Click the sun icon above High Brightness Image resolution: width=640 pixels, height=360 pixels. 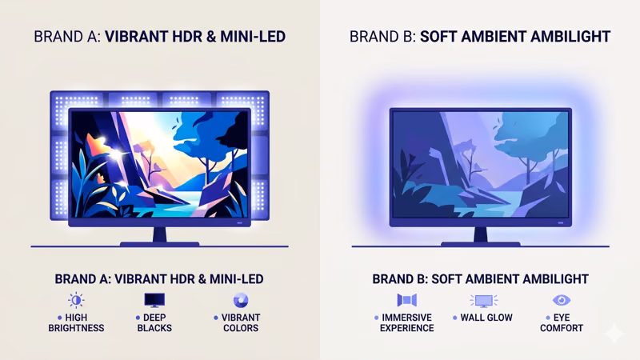tap(76, 300)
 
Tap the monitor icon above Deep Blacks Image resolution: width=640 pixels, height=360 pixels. tap(154, 300)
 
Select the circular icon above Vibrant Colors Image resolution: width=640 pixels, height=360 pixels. tap(239, 300)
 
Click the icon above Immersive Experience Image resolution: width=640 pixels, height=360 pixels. tap(407, 300)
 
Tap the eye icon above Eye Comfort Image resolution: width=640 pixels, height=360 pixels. tap(561, 300)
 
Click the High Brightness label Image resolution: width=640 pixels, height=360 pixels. tap(76, 322)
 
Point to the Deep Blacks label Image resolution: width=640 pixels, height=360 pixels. tap(154, 322)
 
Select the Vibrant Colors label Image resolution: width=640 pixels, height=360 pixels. tap(239, 322)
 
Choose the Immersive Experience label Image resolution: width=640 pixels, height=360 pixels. tap(407, 322)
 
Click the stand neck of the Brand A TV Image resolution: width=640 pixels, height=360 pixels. tap(159, 234)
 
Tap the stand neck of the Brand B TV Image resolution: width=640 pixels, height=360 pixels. tap(480, 234)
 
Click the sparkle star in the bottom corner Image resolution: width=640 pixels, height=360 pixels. tap(614, 334)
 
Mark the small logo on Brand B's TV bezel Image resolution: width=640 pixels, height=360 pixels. tap(561, 222)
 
